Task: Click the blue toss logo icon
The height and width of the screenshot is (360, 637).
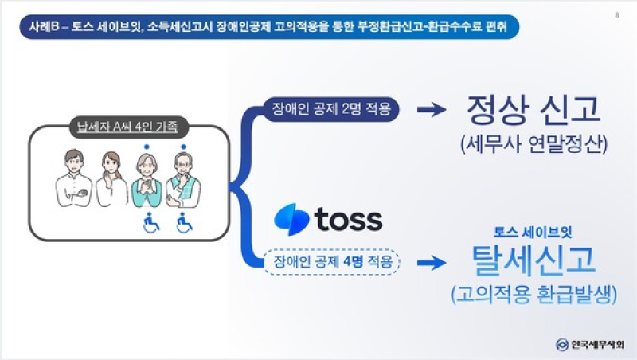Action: click(x=291, y=219)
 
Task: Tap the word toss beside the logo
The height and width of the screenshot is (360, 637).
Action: click(x=349, y=219)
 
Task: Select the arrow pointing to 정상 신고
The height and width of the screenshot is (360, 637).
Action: click(x=432, y=109)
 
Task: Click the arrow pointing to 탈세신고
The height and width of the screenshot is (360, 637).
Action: click(x=432, y=263)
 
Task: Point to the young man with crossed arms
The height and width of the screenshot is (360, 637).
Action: click(x=73, y=178)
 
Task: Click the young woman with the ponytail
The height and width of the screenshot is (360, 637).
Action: click(x=111, y=179)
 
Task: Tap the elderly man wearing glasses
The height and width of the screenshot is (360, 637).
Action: click(x=183, y=179)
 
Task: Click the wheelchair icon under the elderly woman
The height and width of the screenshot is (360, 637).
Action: click(x=151, y=223)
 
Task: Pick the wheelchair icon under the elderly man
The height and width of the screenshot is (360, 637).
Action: click(x=185, y=223)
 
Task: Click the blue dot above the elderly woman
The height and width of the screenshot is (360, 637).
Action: click(x=147, y=147)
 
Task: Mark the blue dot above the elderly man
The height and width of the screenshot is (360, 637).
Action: click(x=184, y=147)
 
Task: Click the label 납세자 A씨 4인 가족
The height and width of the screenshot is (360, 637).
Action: click(x=127, y=127)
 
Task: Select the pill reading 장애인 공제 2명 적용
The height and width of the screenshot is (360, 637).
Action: click(x=331, y=109)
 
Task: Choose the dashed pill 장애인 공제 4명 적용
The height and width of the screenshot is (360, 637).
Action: click(x=332, y=262)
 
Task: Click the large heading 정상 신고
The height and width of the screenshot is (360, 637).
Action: click(x=533, y=109)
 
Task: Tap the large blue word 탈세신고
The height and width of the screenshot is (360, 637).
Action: click(x=533, y=260)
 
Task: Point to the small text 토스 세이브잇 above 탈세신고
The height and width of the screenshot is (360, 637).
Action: click(x=533, y=233)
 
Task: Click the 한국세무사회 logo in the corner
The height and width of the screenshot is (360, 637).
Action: click(x=590, y=345)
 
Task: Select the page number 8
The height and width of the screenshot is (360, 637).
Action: click(x=617, y=15)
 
